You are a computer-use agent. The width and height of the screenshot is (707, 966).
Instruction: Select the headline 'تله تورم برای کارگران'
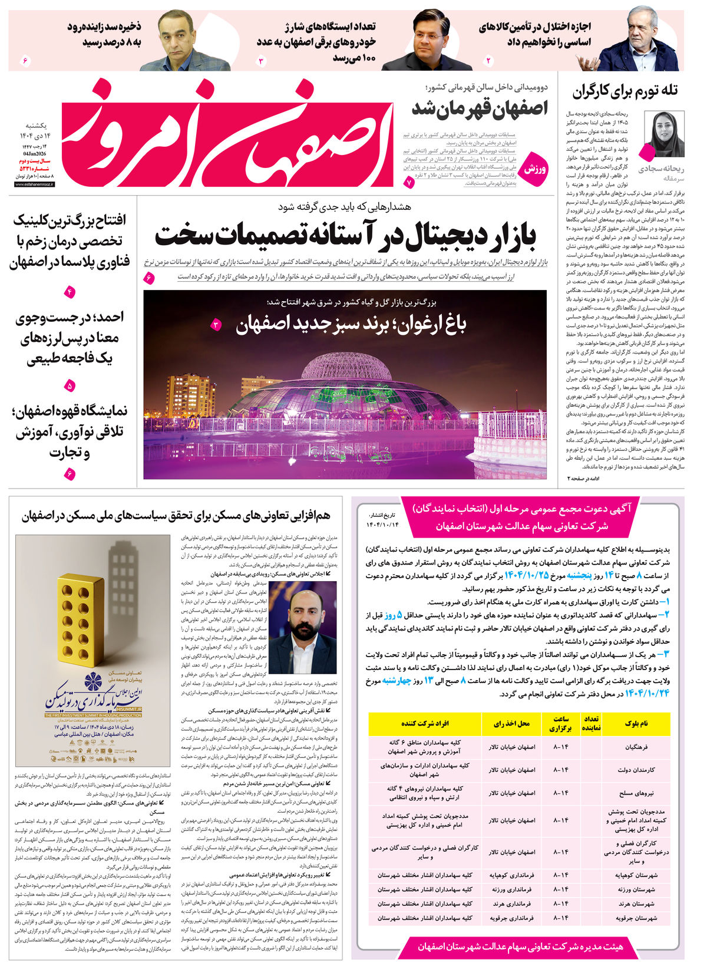pyautogui.click(x=625, y=91)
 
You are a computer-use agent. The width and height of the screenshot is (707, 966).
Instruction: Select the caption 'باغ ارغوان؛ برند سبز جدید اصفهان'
pyautogui.click(x=351, y=324)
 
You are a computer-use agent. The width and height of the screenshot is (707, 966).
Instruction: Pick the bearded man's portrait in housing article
pyautogui.click(x=302, y=628)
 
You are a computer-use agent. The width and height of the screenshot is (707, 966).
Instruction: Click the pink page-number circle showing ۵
pyautogui.click(x=70, y=387)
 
